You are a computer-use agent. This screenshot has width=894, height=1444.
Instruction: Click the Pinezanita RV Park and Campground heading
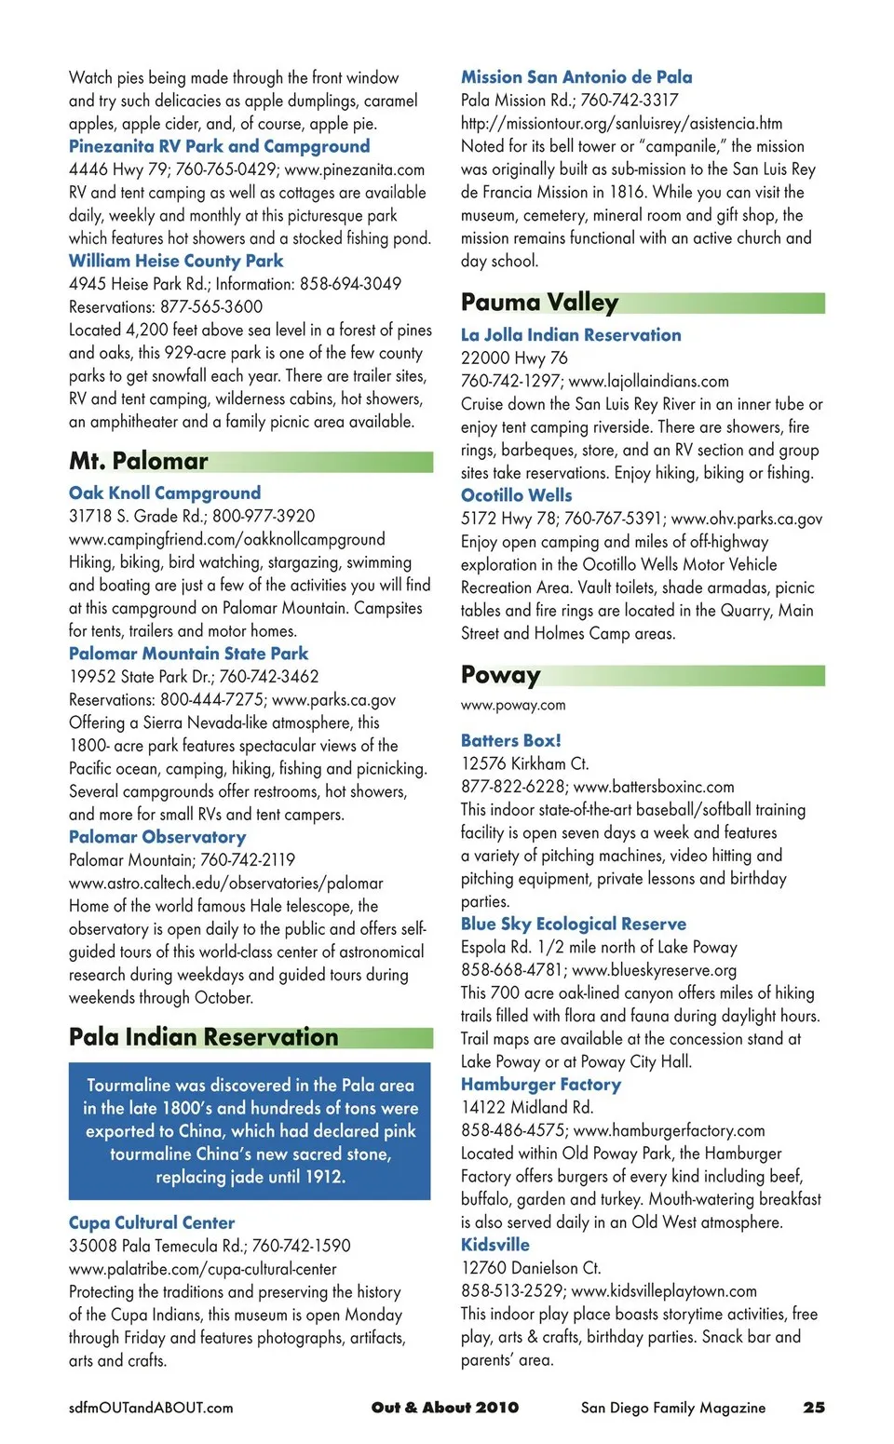[219, 146]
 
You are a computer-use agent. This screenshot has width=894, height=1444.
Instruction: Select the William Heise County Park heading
[176, 261]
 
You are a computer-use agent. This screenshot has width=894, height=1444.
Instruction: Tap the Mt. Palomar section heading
[139, 461]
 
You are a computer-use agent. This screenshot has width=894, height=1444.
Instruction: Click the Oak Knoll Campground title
[165, 493]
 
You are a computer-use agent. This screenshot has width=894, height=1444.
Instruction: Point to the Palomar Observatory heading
[157, 837]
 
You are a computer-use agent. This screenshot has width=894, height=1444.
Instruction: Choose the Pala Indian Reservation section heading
[204, 1037]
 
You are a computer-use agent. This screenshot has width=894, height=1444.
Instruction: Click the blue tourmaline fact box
[250, 1130]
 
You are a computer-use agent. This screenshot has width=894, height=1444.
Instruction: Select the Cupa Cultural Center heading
[152, 1222]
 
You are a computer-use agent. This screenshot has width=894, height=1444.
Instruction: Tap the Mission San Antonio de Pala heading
[576, 77]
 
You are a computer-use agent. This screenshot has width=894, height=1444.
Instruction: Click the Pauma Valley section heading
[539, 303]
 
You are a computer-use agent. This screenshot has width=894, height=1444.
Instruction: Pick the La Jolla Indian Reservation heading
[571, 335]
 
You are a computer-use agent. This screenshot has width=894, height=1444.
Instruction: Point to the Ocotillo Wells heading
[517, 495]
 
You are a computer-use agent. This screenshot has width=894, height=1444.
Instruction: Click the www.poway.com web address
[513, 706]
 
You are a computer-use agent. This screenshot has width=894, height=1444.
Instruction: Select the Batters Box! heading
[511, 740]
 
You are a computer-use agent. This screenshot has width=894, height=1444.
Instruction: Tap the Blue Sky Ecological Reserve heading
[574, 924]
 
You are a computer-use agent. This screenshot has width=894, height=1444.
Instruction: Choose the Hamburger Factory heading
[541, 1085]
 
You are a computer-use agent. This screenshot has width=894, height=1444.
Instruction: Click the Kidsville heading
[495, 1245]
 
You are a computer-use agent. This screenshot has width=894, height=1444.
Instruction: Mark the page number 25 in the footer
[814, 1408]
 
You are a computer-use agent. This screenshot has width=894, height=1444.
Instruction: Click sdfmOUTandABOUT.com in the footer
[151, 1408]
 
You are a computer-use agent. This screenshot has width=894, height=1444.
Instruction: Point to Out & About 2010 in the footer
[445, 1408]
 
